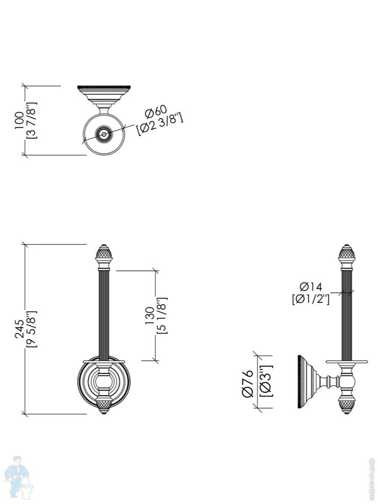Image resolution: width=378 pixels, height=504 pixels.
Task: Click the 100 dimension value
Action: [x=19, y=120]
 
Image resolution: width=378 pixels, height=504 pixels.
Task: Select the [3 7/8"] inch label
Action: [x=31, y=120]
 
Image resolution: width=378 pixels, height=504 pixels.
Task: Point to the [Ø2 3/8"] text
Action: [x=160, y=124]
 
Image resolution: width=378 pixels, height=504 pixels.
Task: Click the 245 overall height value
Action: [x=19, y=328]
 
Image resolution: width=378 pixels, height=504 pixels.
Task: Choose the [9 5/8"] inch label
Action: [x=31, y=329]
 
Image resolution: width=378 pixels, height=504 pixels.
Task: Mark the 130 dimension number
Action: [x=150, y=316]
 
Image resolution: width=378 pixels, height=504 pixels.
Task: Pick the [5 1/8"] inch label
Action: [x=162, y=316]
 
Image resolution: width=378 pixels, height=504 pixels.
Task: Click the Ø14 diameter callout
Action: [x=311, y=286]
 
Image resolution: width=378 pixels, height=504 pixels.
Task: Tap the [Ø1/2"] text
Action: [x=311, y=299]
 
